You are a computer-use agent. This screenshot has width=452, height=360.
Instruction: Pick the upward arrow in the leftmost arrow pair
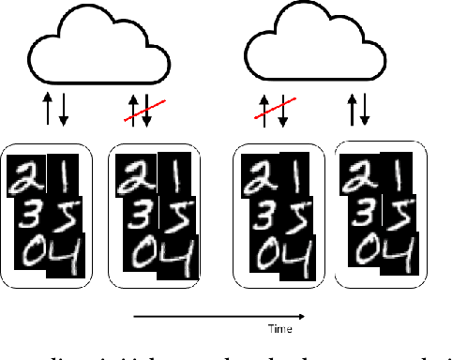pos(47,110)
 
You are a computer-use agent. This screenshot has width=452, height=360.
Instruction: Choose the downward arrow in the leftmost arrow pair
pos(64,110)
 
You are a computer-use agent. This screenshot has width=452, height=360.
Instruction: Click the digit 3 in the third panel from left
pos(258,214)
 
